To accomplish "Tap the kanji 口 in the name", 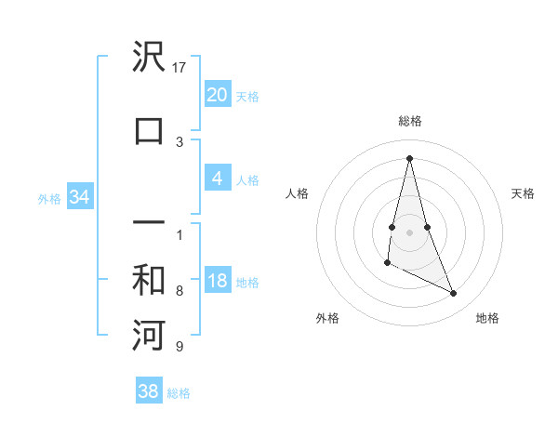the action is coord(149,130).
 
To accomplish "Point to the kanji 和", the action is coord(149,282).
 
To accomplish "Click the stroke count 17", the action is coord(179,68).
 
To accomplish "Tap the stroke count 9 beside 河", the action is coord(179,348).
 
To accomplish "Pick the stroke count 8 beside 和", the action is coord(179,291).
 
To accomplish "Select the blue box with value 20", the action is coord(217,94).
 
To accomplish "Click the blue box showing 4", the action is coord(217,178).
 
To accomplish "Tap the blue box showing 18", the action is coord(217,281).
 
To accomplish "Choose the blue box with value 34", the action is coord(79,197).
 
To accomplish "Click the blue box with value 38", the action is coord(149,391).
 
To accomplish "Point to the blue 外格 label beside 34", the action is coord(49,198).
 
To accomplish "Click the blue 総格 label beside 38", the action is coord(179,393).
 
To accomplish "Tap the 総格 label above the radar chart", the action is coord(409,121).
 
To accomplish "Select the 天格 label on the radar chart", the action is coord(523,193).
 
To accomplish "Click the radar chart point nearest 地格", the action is coord(454,293).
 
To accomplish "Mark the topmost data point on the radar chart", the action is coord(409,157).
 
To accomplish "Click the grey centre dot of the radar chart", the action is coord(409,231).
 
